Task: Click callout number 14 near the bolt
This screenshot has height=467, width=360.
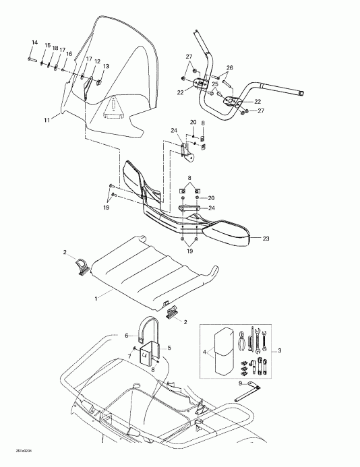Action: click(x=33, y=42)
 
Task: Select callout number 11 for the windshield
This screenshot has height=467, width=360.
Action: click(x=47, y=120)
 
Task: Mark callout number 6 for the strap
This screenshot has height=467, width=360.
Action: click(x=126, y=336)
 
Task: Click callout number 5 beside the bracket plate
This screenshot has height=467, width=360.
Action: click(x=169, y=348)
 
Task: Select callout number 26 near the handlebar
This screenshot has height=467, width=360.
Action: click(x=230, y=68)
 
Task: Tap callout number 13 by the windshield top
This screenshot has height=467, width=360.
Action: click(x=105, y=66)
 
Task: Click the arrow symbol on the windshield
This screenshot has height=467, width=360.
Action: click(x=114, y=106)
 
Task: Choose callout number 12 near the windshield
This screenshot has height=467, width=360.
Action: click(x=97, y=61)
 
